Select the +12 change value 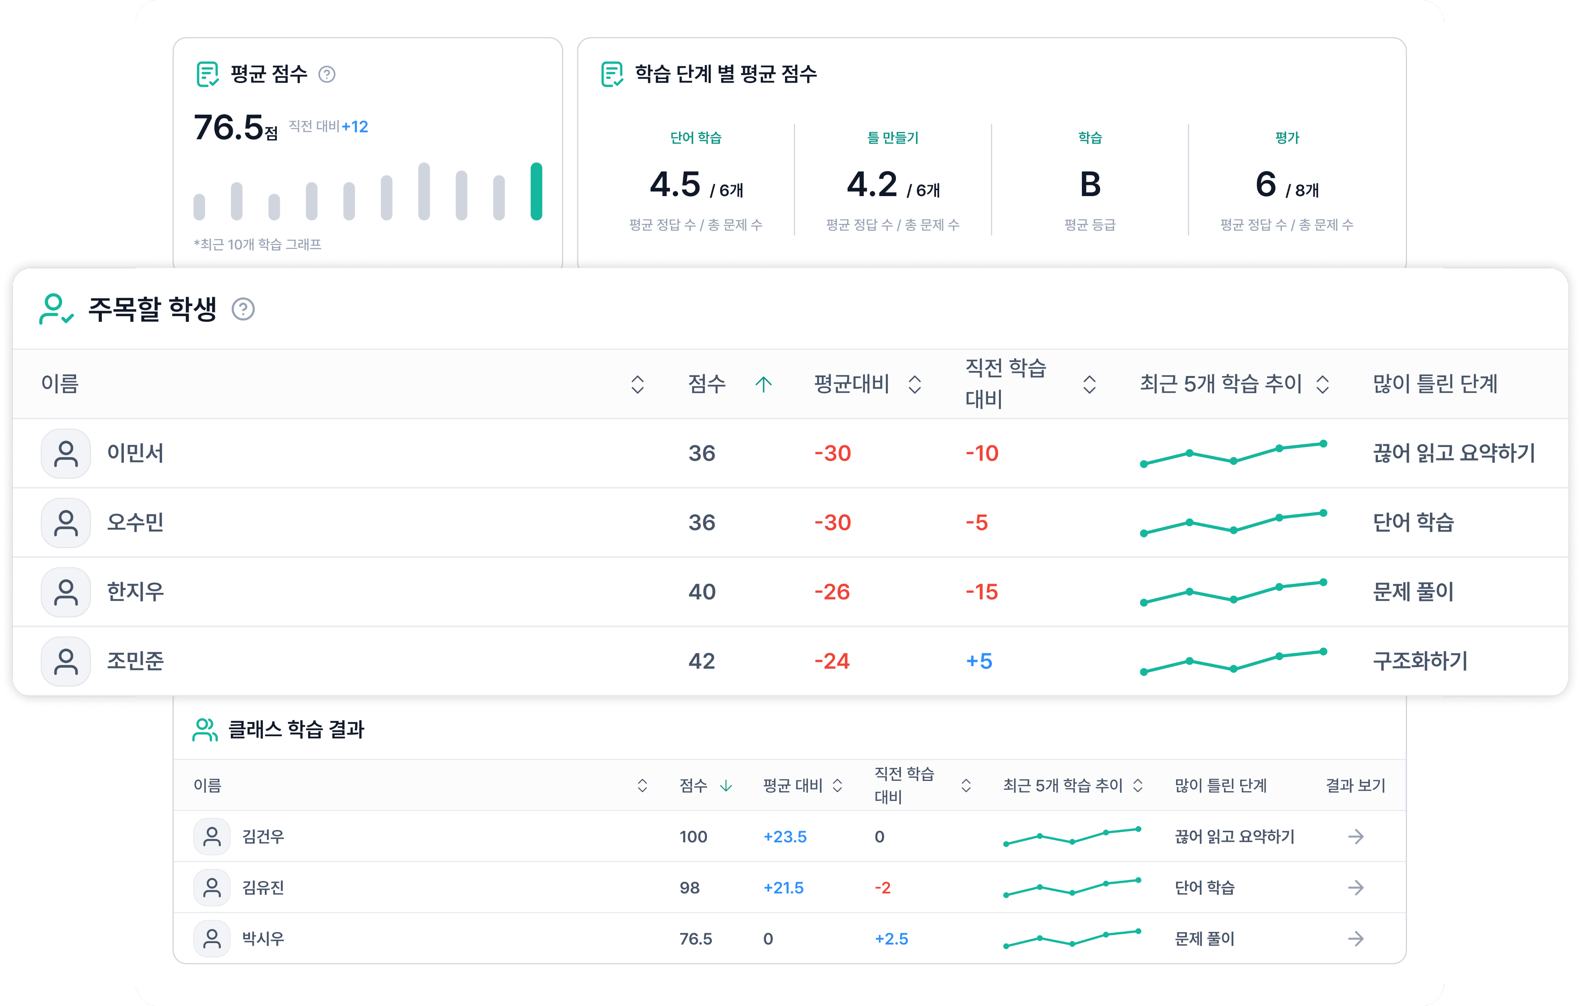(x=355, y=127)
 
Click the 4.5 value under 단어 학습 (x=675, y=185)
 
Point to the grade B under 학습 (x=1090, y=185)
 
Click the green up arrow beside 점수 (x=763, y=384)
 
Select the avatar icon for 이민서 (x=66, y=454)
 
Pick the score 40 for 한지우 (x=701, y=592)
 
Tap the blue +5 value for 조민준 (x=979, y=661)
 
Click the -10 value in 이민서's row (x=982, y=454)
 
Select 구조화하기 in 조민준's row (x=1420, y=661)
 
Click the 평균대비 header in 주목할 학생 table (x=851, y=384)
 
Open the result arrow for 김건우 (x=1355, y=837)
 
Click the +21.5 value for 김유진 (x=783, y=888)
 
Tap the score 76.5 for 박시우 (x=695, y=939)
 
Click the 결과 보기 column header (x=1355, y=785)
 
